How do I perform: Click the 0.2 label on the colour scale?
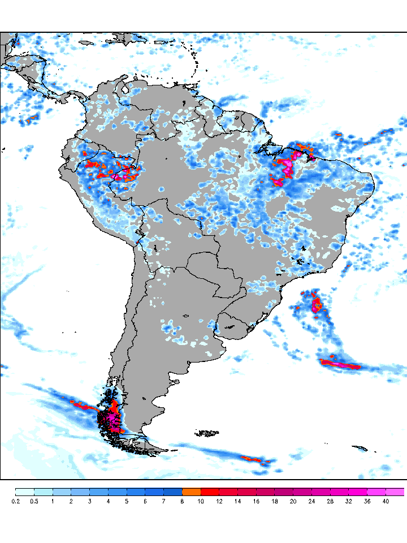15,501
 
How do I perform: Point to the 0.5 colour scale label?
34,501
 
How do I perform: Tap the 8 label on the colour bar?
182,501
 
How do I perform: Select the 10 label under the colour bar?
201,501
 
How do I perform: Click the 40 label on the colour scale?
386,501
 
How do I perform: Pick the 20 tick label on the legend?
293,501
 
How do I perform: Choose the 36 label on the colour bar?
367,501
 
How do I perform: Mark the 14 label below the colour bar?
237,501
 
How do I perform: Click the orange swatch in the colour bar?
191,492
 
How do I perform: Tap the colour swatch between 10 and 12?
210,492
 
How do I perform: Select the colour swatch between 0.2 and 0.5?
25,492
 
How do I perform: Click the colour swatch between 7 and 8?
173,492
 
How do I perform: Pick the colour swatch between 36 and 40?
376,492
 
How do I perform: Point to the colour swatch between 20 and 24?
302,492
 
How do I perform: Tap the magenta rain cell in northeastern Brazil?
287,167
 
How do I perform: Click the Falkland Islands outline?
207,433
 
